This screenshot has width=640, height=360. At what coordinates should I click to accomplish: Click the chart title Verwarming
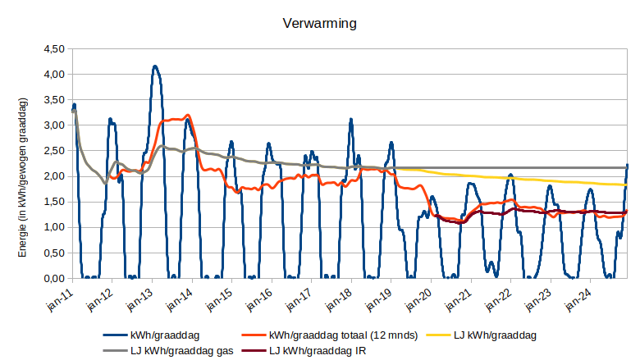point(319,24)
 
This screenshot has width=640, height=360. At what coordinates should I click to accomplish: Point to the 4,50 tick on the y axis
point(53,48)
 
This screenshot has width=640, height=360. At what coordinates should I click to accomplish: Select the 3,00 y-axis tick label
point(53,125)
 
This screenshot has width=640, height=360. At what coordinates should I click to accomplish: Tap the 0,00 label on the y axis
point(53,279)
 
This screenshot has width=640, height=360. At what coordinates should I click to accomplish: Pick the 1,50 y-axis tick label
point(53,202)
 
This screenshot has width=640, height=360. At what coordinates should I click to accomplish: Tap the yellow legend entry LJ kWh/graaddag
point(495,335)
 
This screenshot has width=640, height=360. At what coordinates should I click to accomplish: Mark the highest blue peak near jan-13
point(154,66)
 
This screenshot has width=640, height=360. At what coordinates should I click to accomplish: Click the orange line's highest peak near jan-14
point(188,115)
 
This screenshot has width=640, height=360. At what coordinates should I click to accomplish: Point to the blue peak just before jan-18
point(350,119)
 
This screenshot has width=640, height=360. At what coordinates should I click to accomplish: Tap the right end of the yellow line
point(627,185)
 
